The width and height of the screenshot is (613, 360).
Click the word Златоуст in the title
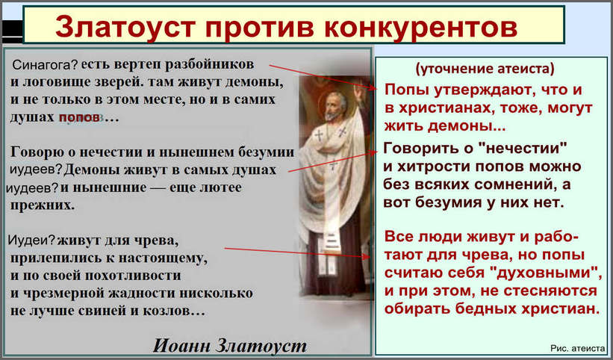(125, 27)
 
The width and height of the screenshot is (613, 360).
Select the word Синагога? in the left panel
(46, 65)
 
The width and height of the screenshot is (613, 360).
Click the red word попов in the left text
(79, 117)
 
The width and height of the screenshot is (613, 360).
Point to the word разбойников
(209, 65)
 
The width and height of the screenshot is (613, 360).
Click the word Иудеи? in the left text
(31, 240)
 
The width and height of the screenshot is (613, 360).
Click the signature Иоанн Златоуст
(229, 346)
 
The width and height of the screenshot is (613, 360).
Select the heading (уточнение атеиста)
(485, 69)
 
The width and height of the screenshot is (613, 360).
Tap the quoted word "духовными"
(548, 273)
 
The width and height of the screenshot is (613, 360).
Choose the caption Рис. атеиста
(578, 348)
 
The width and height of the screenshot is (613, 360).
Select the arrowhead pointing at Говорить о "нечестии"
(374, 153)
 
